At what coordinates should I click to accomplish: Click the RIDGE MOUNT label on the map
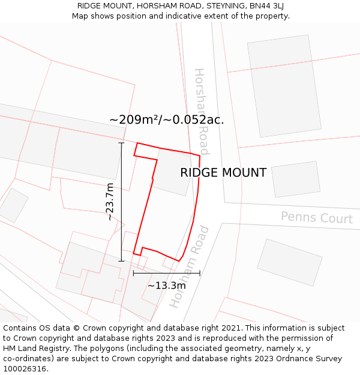223,173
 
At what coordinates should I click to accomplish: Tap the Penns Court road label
316,217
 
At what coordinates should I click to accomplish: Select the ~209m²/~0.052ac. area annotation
166,119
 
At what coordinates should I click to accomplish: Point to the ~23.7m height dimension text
109,202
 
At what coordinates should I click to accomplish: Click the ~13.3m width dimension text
167,286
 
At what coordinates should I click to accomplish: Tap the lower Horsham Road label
189,266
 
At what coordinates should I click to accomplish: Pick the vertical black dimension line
122,202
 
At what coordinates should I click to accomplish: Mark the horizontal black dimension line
166,274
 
